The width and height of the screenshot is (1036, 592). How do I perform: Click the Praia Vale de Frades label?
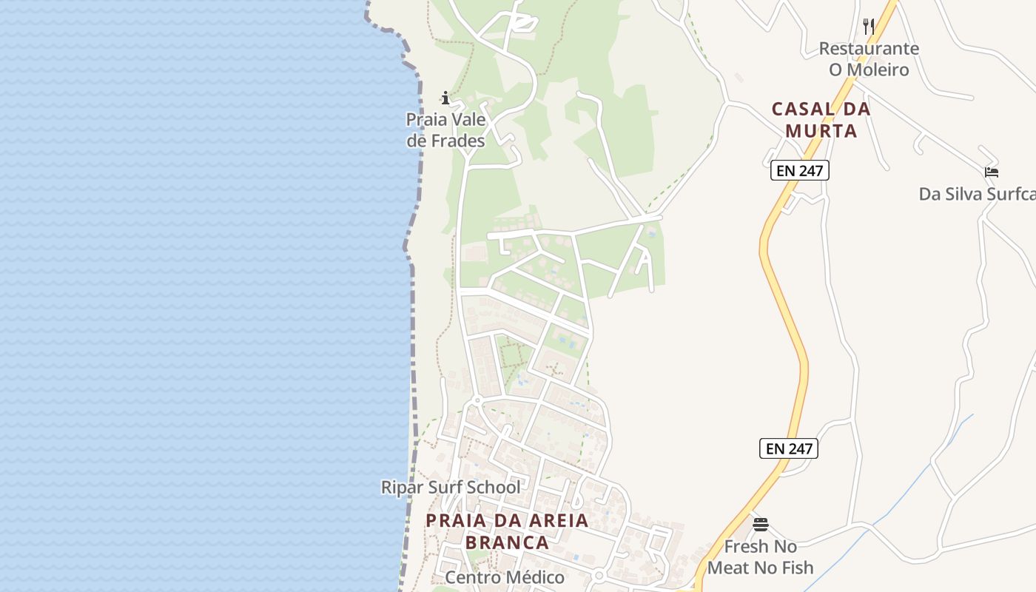click(x=445, y=130)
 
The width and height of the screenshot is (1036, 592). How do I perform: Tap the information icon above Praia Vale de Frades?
click(x=445, y=98)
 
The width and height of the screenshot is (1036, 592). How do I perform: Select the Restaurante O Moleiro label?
click(x=869, y=59)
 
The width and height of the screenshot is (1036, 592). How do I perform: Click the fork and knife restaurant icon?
click(x=869, y=27)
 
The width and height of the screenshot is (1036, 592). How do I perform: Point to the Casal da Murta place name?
click(x=821, y=120)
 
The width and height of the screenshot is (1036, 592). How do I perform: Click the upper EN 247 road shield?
click(x=799, y=171)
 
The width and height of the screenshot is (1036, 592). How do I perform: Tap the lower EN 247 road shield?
click(x=789, y=448)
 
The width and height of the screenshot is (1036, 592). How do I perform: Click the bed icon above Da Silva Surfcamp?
click(x=992, y=172)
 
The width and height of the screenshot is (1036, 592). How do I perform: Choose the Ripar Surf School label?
click(x=451, y=487)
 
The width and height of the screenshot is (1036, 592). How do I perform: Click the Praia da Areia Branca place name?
click(x=507, y=531)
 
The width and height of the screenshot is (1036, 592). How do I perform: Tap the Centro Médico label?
click(x=505, y=577)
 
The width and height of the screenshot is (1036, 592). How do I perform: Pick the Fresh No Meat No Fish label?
click(x=761, y=557)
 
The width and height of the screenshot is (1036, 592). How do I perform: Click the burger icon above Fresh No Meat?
click(x=761, y=525)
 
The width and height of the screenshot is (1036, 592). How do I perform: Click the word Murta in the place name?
click(x=821, y=131)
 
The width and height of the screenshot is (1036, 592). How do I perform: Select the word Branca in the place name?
click(x=507, y=542)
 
